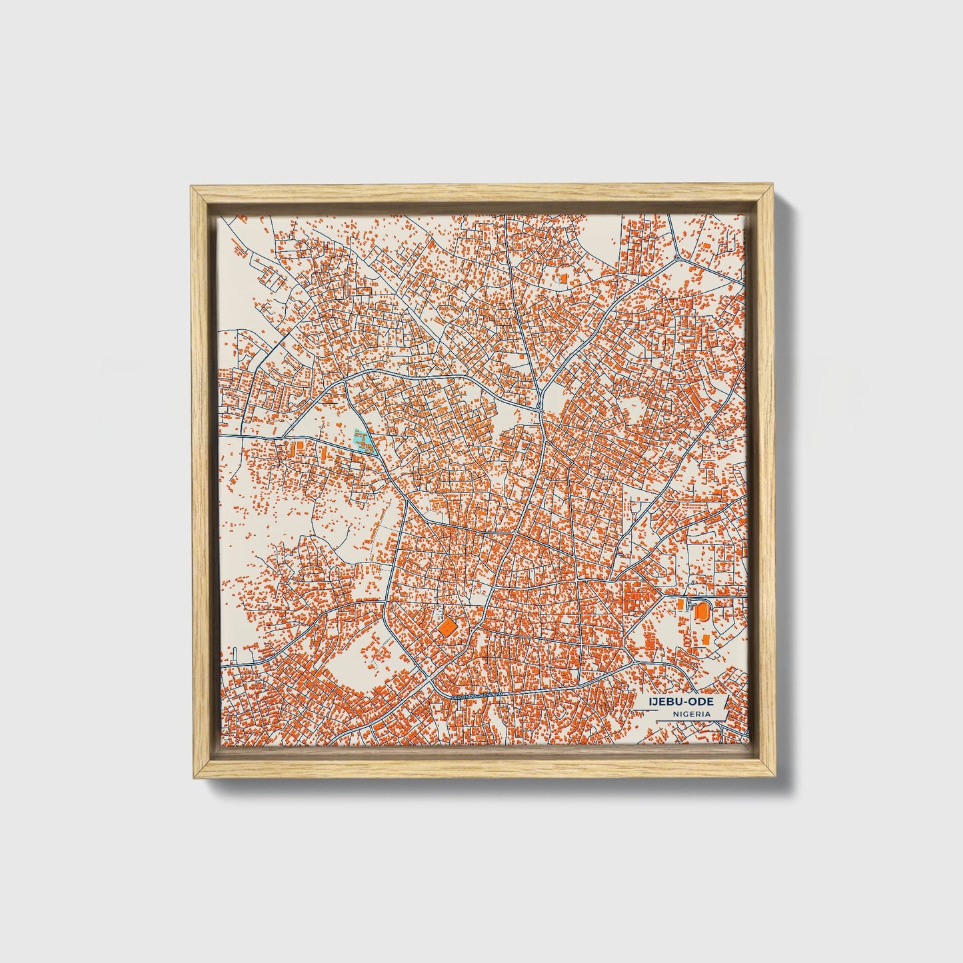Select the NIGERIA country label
tap(690, 714)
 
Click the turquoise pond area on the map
tap(361, 441)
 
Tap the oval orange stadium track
tap(700, 609)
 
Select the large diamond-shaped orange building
tap(446, 626)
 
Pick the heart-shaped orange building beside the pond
tap(340, 424)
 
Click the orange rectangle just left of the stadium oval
tap(680, 604)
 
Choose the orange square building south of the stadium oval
tap(705, 639)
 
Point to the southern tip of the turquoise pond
tap(371, 453)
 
